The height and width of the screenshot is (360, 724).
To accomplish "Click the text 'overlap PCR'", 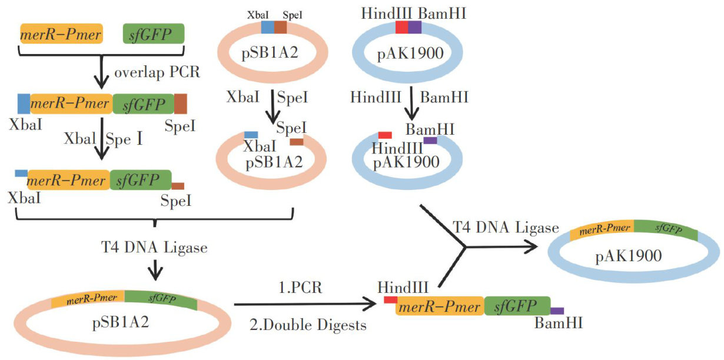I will click(x=157, y=73).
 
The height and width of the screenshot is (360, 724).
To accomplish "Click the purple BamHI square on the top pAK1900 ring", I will click(x=415, y=27).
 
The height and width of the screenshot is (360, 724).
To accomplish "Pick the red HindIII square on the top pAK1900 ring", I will click(x=401, y=27).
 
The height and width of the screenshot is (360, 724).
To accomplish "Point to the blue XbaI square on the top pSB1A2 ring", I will click(x=268, y=27).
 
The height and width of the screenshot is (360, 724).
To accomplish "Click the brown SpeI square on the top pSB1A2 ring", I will click(x=281, y=27).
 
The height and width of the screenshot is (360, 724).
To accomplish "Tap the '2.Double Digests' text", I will click(x=308, y=325).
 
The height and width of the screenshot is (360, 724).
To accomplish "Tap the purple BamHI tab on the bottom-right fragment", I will click(x=557, y=311).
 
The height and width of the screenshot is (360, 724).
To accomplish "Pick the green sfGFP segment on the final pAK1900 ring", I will click(x=666, y=230).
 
